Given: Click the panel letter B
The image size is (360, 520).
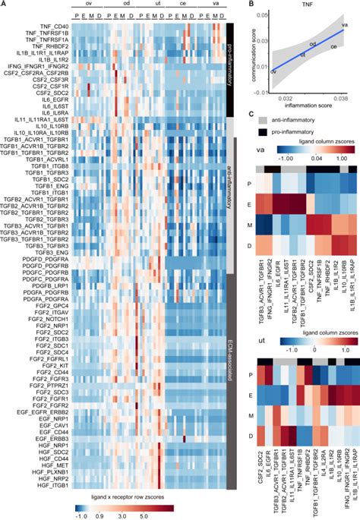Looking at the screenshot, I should pyautogui.click(x=251, y=5).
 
